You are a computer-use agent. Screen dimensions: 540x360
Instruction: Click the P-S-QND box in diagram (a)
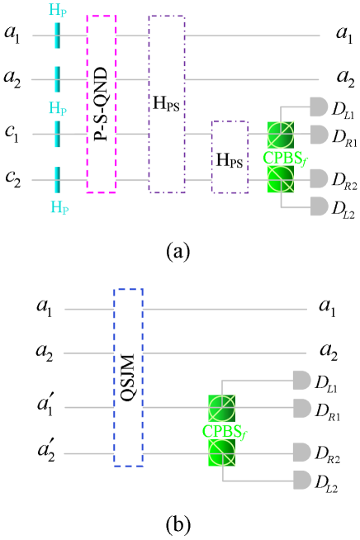101,103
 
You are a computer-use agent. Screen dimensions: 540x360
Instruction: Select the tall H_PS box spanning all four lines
166,103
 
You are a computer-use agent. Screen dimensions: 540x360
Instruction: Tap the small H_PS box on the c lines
230,157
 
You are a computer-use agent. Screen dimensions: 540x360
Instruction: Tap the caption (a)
180,246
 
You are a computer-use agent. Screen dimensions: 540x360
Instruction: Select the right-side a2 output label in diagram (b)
329,353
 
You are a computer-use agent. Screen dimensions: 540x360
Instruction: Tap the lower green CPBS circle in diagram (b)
223,452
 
